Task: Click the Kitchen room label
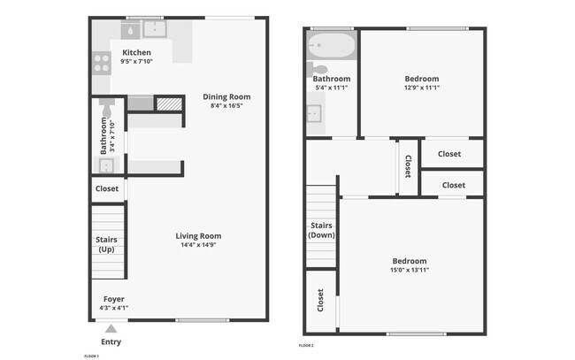[x=136, y=52]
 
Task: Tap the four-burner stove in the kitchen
[x=99, y=63]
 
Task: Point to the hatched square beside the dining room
[x=168, y=103]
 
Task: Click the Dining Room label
[x=226, y=96]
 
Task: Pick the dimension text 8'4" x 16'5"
[x=226, y=105]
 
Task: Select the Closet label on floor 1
[x=106, y=188]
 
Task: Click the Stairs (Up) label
[x=107, y=244]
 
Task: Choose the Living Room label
[x=198, y=235]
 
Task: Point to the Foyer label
[x=113, y=299]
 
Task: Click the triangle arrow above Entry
[x=111, y=328]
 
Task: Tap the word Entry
[x=111, y=341]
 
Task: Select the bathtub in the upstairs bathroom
[x=331, y=45]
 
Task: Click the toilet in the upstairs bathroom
[x=318, y=69]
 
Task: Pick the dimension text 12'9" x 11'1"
[x=422, y=88]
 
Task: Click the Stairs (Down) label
[x=321, y=230]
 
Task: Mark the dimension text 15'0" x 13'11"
[x=410, y=270]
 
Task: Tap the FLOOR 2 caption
[x=306, y=344]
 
